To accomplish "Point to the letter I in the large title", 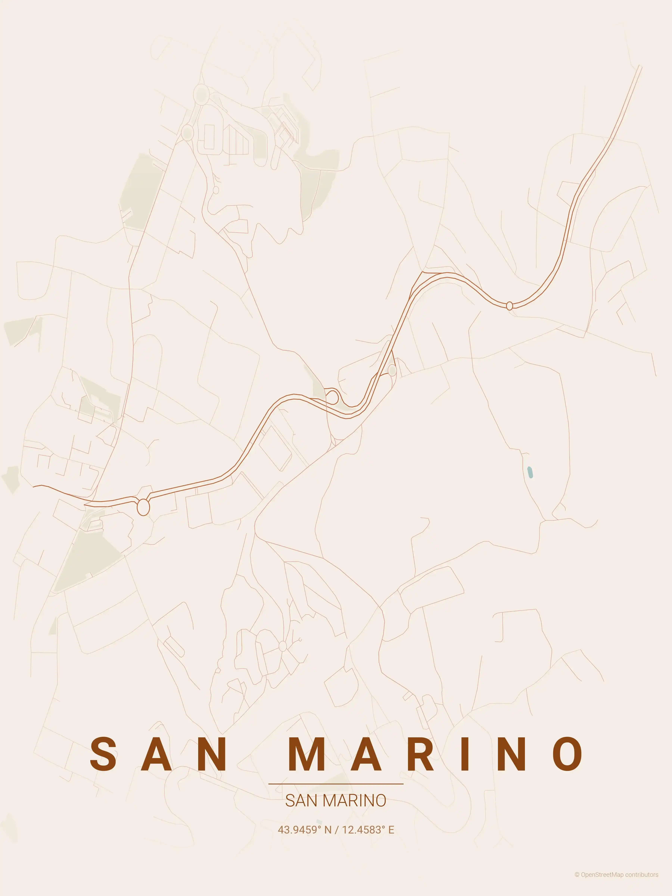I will (465, 753).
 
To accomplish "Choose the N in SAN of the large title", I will (210, 753).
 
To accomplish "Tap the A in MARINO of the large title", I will (366, 753).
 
